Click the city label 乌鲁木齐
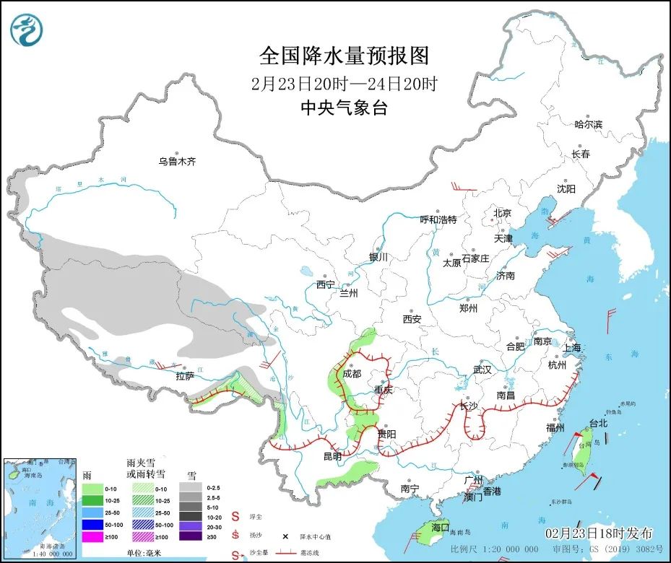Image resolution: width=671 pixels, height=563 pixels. (x=177, y=162)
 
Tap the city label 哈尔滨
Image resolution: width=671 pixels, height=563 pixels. (x=588, y=125)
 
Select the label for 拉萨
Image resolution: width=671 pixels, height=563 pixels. (x=186, y=376)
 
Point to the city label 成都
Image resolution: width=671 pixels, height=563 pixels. (x=352, y=373)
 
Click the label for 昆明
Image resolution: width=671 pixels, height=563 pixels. (x=332, y=456)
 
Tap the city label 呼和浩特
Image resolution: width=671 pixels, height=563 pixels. (x=439, y=219)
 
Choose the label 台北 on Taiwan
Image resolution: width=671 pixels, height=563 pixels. (x=599, y=424)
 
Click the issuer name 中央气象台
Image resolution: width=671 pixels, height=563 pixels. (x=344, y=108)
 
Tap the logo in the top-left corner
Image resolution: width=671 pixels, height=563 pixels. (x=27, y=29)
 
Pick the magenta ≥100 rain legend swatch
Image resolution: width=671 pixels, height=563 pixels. (x=90, y=537)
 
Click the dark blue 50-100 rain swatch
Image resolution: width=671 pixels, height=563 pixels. (x=90, y=525)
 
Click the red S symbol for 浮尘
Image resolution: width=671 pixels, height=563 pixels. (x=235, y=517)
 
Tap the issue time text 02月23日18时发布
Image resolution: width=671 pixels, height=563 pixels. (x=599, y=533)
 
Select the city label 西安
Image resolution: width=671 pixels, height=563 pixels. (x=412, y=319)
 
